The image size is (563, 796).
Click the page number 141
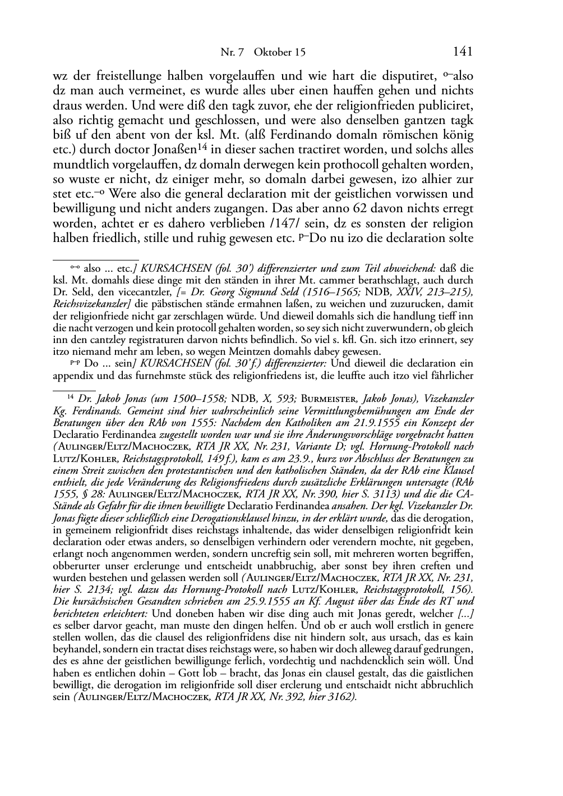(463, 52)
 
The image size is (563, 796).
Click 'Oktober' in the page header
(273, 52)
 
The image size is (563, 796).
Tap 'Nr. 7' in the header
(232, 52)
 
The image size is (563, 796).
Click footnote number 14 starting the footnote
(71, 397)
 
